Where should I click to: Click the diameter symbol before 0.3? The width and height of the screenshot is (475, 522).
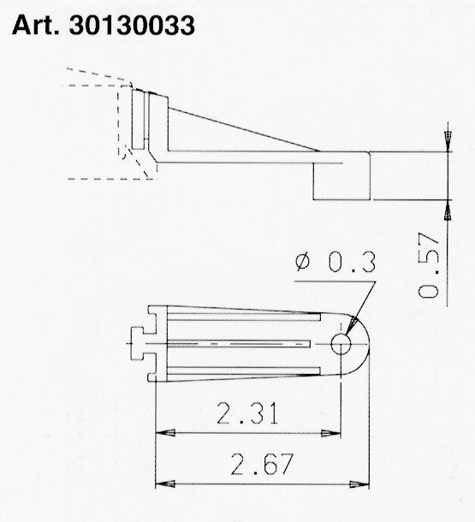click(304, 264)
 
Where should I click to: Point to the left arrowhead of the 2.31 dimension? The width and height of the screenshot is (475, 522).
click(161, 433)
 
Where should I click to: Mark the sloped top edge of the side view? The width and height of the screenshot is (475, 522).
click(240, 128)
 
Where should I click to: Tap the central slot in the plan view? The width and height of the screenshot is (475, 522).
click(240, 343)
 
